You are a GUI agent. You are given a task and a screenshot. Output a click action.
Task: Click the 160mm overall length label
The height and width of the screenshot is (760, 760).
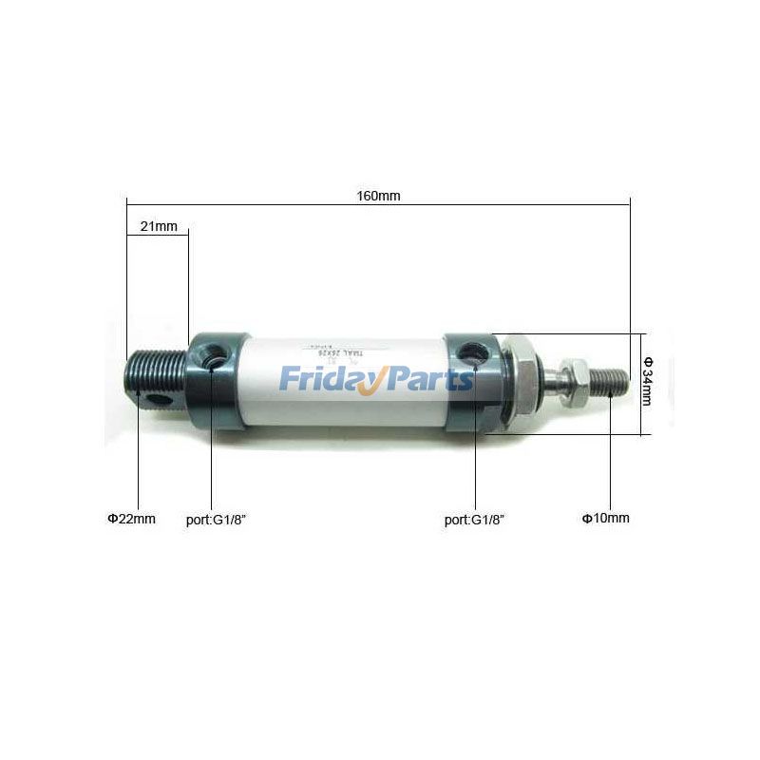378,196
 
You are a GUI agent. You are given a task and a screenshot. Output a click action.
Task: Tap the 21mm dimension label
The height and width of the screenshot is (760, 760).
159,226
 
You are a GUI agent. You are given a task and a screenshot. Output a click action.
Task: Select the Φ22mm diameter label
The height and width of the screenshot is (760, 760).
131,519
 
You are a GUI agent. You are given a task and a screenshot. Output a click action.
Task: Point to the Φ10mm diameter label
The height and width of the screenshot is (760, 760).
605,518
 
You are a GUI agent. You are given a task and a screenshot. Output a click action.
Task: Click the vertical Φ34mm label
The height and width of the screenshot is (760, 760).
648,381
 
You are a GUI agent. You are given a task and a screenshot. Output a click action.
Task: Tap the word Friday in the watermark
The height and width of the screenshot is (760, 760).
323,380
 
